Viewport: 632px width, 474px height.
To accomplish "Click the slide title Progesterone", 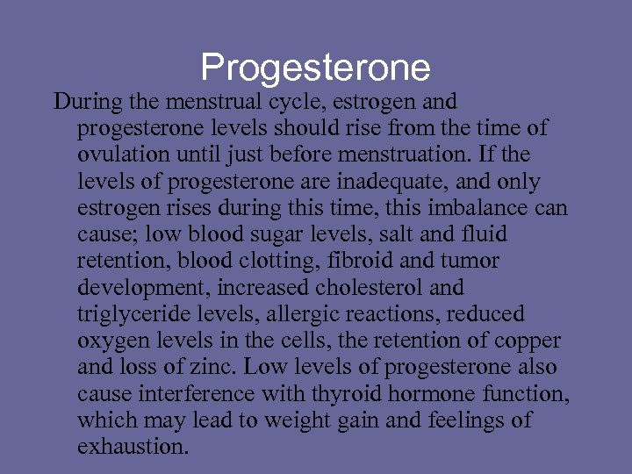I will (316, 68).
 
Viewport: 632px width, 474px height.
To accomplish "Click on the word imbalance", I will (486, 209).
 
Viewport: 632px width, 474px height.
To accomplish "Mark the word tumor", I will (469, 262).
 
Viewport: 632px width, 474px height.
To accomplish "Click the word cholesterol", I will (364, 288).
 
